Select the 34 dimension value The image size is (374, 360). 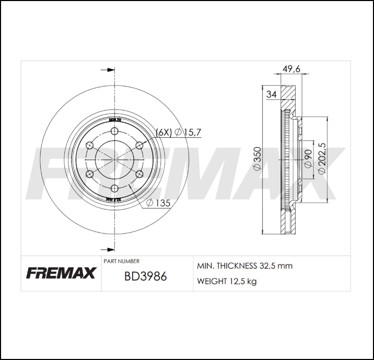(x=271, y=94)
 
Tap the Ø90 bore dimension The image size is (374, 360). (x=308, y=159)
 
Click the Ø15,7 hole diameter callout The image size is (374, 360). (x=188, y=133)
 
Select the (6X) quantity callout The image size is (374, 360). (x=163, y=133)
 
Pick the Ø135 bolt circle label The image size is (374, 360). (x=159, y=203)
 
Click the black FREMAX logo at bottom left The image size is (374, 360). (x=61, y=273)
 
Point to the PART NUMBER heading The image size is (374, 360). (x=121, y=261)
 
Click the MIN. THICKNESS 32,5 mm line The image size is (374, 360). (x=244, y=266)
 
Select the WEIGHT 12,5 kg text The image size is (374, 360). (x=226, y=281)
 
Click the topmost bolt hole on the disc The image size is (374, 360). (x=114, y=130)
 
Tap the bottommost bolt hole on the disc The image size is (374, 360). (x=114, y=188)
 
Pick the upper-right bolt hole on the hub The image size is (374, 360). (x=139, y=145)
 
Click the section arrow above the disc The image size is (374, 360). (x=107, y=69)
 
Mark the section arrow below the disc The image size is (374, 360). (x=107, y=249)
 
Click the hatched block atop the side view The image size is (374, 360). (x=286, y=92)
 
